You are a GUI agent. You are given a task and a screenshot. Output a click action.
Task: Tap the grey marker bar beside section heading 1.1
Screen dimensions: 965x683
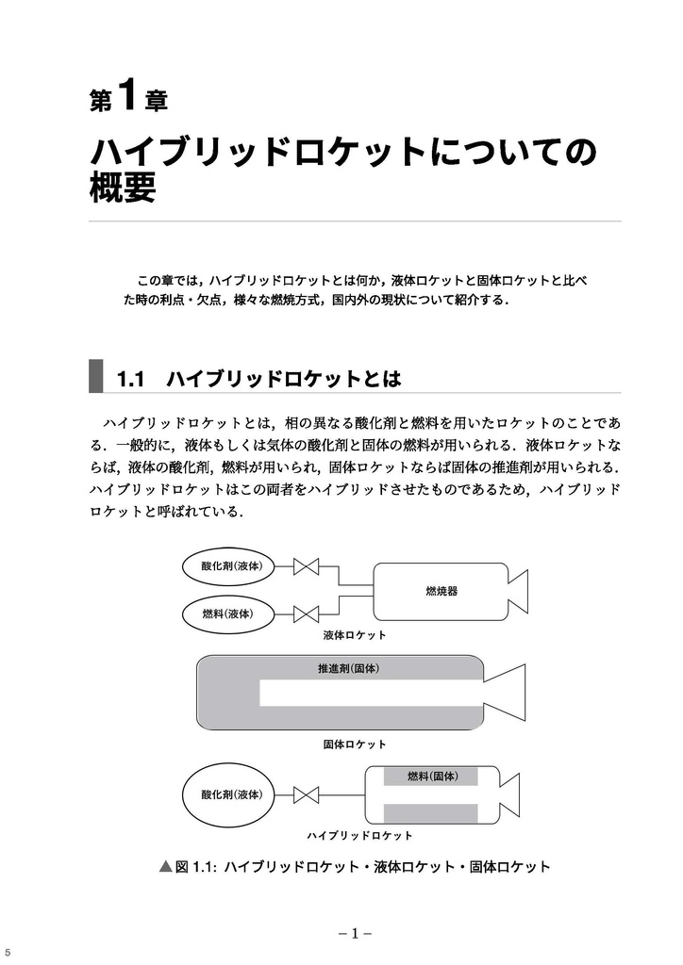95,375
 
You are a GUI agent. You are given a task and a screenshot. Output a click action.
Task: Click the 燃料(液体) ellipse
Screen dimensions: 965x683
227,613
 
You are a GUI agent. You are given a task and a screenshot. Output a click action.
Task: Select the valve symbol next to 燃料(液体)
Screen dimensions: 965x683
306,614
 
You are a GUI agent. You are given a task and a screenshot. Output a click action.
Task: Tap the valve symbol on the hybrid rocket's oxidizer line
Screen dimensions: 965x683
306,794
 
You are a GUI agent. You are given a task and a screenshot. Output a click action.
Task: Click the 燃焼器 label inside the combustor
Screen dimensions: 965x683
441,591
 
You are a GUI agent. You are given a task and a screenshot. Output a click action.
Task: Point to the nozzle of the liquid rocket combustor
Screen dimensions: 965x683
518,591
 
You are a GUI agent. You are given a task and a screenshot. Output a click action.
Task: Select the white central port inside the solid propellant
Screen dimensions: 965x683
368,693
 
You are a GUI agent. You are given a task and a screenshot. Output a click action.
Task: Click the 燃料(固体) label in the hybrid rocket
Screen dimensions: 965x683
432,777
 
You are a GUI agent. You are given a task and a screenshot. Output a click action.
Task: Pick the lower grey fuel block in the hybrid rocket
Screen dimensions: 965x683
430,813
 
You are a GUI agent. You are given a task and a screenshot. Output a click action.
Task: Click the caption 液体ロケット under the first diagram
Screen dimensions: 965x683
355,636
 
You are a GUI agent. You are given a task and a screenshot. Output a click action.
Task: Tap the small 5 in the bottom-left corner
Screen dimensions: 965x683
7,952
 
